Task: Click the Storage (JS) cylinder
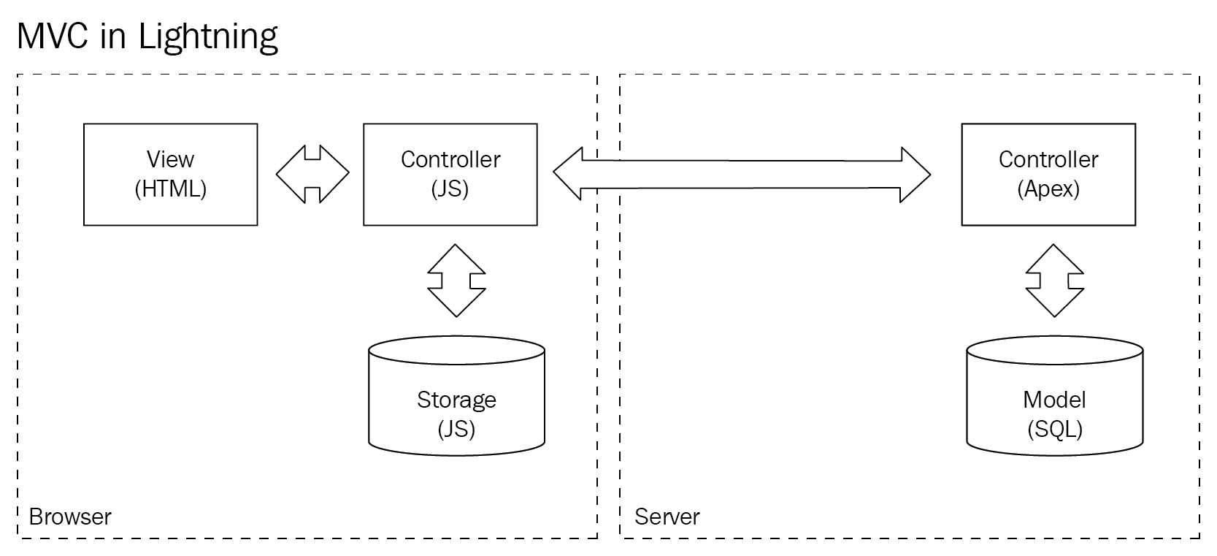click(x=456, y=396)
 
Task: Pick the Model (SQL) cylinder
click(x=1054, y=396)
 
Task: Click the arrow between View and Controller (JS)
click(x=312, y=174)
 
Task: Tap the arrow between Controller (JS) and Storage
click(x=456, y=281)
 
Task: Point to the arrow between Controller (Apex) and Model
click(x=1054, y=281)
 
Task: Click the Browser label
click(x=70, y=517)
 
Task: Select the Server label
click(x=667, y=517)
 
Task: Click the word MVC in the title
click(x=52, y=36)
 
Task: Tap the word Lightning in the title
click(x=208, y=37)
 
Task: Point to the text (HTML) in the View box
click(x=171, y=188)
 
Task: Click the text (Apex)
click(x=1048, y=188)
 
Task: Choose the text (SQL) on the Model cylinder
click(x=1055, y=429)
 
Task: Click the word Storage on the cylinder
click(x=456, y=400)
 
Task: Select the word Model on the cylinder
click(x=1054, y=400)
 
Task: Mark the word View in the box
click(x=170, y=159)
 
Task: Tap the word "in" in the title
click(x=113, y=37)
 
